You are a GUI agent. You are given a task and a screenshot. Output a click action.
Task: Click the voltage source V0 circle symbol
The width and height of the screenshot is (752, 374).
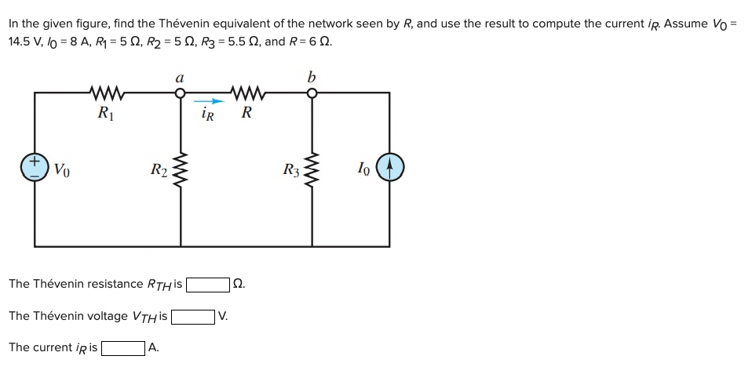click(35, 169)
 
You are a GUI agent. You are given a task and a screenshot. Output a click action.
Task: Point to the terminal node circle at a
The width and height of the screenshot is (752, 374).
click(181, 93)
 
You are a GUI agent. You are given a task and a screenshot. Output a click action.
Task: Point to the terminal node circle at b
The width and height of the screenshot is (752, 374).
click(312, 93)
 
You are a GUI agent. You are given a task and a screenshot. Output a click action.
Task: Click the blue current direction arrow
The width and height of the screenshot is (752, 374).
click(206, 100)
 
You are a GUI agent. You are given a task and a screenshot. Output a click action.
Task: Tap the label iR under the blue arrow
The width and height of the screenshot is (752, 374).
click(207, 114)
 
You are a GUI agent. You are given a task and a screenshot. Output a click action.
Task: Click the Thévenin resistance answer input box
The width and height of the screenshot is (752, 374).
click(207, 284)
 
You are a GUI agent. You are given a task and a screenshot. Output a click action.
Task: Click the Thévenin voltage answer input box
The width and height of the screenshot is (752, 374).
click(193, 316)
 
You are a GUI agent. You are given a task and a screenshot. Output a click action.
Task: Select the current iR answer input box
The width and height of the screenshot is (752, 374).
click(122, 347)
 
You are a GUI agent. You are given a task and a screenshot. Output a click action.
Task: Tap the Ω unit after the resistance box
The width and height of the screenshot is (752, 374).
click(239, 284)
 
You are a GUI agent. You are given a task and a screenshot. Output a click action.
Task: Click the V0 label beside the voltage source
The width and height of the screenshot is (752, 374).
click(63, 169)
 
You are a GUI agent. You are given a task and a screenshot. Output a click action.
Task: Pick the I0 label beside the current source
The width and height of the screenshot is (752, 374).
click(362, 168)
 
